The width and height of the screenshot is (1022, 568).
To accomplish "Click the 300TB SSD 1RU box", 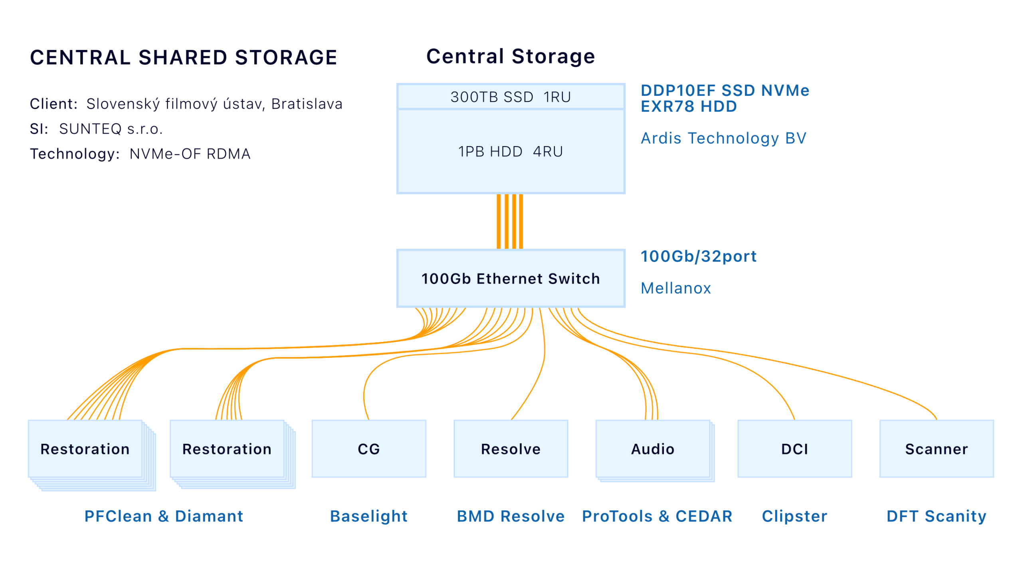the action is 510,96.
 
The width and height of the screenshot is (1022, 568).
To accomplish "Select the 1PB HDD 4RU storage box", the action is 510,151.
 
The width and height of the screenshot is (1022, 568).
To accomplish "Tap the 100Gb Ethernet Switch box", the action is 510,278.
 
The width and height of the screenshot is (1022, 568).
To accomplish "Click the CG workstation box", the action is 368,449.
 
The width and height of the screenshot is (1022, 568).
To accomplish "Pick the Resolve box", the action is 511,449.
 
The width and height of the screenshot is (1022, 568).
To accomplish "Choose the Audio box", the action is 652,449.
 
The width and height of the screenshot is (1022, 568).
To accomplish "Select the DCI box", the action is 794,449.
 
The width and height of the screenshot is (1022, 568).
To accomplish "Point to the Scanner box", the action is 936,449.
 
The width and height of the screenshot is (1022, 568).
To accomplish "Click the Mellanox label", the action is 675,288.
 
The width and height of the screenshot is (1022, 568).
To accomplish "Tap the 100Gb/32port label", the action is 698,256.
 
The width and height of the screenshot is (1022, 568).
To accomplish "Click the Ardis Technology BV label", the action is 723,138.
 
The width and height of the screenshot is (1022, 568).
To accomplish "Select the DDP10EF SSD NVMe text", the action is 725,90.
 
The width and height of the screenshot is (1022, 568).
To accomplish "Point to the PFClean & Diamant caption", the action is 164,516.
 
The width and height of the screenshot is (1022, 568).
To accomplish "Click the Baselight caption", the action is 368,516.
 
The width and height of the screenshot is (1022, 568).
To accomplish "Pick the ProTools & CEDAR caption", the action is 657,516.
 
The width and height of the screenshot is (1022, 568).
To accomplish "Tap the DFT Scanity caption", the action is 936,516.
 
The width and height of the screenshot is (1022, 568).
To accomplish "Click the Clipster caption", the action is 794,516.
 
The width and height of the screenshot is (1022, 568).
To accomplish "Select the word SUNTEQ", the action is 90,129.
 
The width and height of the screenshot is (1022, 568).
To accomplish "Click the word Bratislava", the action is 307,104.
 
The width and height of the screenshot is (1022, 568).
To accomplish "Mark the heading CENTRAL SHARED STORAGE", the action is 184,57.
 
